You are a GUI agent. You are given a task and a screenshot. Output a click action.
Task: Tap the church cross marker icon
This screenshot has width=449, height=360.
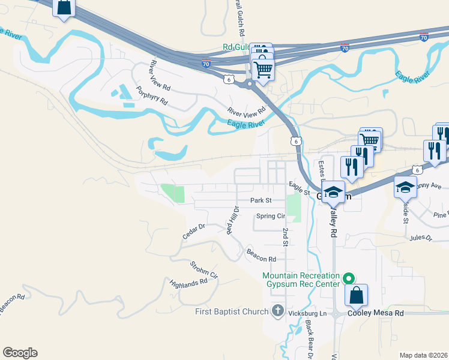coord(277,311)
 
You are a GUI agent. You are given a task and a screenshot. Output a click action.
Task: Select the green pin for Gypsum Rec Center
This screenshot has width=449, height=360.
coord(348,278)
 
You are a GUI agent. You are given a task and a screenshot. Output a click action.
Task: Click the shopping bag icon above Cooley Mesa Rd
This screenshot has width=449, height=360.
coord(357,296)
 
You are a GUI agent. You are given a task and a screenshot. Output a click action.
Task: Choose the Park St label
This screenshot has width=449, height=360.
coord(261,200)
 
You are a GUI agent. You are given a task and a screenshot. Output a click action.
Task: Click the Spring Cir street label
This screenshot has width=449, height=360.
coord(270,216)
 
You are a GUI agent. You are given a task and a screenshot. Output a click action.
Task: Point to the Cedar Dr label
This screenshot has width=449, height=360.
coord(194,232)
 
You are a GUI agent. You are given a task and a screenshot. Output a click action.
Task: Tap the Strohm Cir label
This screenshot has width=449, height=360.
coord(203,269)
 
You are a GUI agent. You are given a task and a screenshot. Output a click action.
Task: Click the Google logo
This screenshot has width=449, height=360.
coord(20,353)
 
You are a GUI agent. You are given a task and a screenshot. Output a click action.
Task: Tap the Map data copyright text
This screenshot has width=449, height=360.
coord(424,355)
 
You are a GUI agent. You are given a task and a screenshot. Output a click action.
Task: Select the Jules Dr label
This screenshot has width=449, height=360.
coord(420,238)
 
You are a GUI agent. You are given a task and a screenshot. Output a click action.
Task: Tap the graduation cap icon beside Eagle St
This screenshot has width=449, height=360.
coord(333,192)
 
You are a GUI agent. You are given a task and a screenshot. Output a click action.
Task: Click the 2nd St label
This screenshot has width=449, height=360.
coord(286,236)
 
